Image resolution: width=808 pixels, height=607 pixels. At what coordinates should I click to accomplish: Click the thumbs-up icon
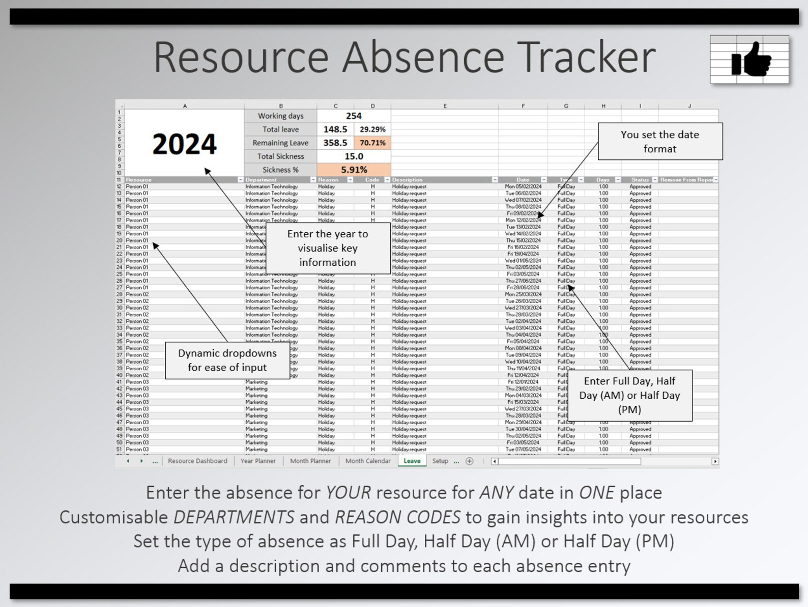pyautogui.click(x=750, y=60)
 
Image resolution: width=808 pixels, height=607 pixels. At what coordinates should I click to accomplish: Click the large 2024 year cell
pyautogui.click(x=184, y=144)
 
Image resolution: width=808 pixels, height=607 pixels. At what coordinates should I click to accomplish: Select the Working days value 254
pyautogui.click(x=354, y=116)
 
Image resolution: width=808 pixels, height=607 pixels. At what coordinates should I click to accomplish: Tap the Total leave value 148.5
pyautogui.click(x=335, y=129)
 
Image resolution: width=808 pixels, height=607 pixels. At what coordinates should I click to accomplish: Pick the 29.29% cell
pyautogui.click(x=372, y=129)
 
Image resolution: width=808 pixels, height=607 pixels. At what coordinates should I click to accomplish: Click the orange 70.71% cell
pyautogui.click(x=372, y=143)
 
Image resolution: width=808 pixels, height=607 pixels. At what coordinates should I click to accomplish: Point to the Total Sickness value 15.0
pyautogui.click(x=354, y=156)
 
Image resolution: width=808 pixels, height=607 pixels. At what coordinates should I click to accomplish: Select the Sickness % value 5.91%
pyautogui.click(x=354, y=170)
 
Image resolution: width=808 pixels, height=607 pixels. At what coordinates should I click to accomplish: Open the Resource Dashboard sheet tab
pyautogui.click(x=197, y=461)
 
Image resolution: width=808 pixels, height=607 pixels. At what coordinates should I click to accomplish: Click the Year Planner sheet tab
pyautogui.click(x=258, y=461)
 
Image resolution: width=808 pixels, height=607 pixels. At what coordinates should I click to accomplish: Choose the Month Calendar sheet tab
pyautogui.click(x=368, y=461)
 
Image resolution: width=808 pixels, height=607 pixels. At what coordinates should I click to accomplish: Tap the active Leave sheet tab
pyautogui.click(x=412, y=461)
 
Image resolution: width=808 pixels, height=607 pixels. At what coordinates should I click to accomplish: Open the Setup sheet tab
pyautogui.click(x=440, y=461)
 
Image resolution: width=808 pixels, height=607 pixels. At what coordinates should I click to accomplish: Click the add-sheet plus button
pyautogui.click(x=470, y=461)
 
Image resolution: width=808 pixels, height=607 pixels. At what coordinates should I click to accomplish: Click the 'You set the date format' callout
pyautogui.click(x=660, y=142)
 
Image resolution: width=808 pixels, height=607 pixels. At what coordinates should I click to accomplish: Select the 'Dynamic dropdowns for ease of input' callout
pyautogui.click(x=227, y=360)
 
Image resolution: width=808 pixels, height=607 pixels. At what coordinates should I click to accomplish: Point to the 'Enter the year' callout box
pyautogui.click(x=328, y=248)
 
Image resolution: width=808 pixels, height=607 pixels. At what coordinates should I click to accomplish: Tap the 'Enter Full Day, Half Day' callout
pyautogui.click(x=629, y=395)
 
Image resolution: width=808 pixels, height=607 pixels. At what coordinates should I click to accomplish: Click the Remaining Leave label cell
pyautogui.click(x=280, y=143)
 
